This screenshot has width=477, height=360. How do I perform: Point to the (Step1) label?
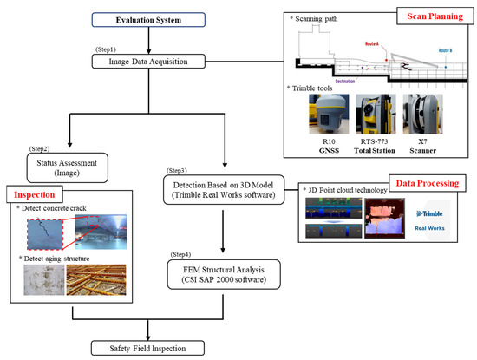104,48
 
